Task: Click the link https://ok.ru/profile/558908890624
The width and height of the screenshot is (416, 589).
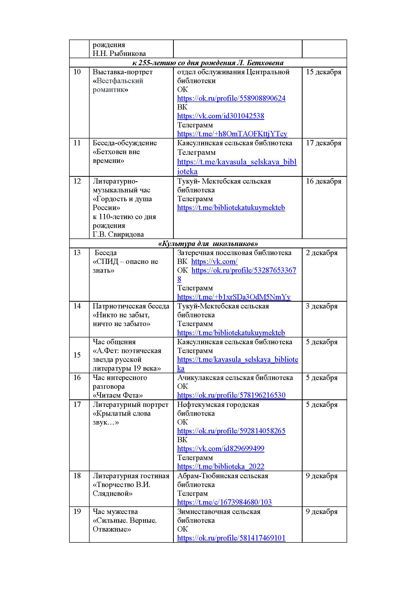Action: coord(231,98)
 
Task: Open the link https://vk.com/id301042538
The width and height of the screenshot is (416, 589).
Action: coord(220,116)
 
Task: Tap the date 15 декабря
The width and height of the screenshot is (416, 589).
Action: coord(323,72)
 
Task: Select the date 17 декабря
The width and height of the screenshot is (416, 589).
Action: coord(323,143)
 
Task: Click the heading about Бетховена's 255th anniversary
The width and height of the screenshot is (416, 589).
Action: coord(208,63)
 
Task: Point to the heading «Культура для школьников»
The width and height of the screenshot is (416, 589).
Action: coord(208,244)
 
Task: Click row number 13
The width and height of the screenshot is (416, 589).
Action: coord(77,253)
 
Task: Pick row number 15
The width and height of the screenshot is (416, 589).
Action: coord(77,355)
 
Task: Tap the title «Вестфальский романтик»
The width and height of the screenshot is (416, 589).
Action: coord(118,85)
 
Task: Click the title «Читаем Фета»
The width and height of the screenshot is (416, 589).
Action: coord(118,395)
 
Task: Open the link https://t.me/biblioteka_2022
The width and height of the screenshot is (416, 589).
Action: coord(220,466)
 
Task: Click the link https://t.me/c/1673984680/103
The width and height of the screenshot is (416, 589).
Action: coord(224,502)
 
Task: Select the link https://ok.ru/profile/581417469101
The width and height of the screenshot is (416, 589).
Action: coord(231,538)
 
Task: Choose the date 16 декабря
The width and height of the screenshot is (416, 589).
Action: coord(323,181)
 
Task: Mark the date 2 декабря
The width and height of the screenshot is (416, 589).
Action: coord(321,253)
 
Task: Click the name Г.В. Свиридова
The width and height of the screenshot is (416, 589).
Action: coord(118,234)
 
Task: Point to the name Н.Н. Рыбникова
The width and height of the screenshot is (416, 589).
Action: coord(119,54)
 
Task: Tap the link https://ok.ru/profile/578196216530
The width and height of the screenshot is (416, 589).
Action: coord(231,395)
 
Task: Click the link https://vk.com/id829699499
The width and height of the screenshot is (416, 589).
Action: coord(220,448)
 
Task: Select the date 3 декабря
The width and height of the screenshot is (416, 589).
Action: coord(321,306)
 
